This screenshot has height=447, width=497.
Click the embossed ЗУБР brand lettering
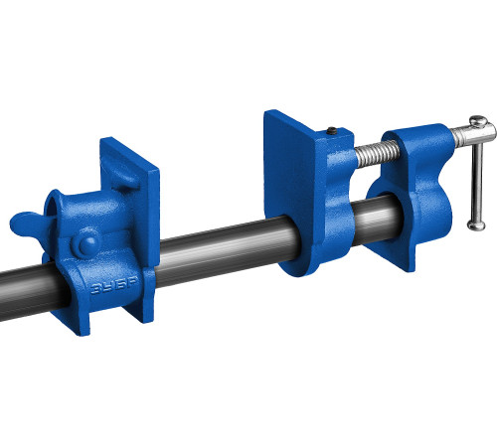[x=114, y=287]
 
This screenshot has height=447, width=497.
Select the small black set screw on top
[x=332, y=131]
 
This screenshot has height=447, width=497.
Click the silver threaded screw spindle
[x=378, y=154]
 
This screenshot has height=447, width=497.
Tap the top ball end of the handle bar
[x=478, y=121]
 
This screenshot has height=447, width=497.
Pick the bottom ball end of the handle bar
[x=476, y=225]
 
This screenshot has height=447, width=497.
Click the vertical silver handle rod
[x=477, y=174]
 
